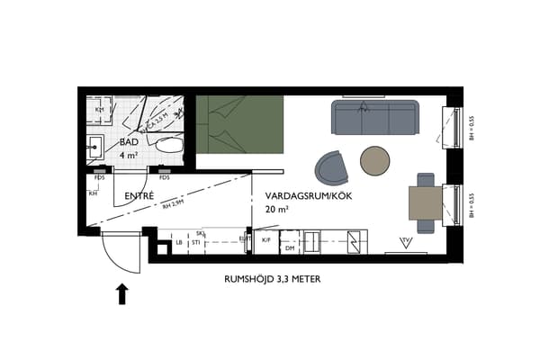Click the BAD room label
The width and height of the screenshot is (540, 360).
[x=130, y=142]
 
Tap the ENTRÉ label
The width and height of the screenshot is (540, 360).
[x=139, y=195]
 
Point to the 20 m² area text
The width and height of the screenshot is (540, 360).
[x=277, y=209]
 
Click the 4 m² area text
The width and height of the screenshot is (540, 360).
[x=128, y=155]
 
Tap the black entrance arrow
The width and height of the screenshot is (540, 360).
[x=122, y=293]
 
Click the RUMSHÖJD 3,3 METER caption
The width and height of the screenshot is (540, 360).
[x=272, y=279]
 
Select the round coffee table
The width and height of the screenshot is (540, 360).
[x=375, y=160]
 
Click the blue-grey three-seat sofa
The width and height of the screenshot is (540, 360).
[x=376, y=116]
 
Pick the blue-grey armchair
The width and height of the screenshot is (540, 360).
[x=331, y=166]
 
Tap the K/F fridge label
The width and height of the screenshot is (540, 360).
[x=266, y=240]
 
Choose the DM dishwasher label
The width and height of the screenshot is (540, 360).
[x=290, y=247]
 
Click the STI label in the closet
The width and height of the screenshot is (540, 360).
[x=195, y=242]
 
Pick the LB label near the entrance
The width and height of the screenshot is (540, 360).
[x=178, y=242]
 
